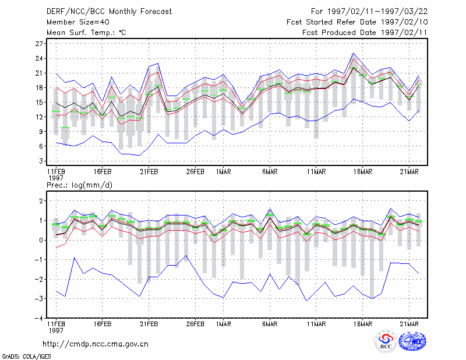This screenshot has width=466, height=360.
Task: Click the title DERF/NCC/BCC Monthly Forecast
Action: coord(109,12)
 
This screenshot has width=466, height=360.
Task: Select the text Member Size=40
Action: coord(78,22)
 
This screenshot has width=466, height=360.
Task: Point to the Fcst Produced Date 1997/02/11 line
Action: coord(365,33)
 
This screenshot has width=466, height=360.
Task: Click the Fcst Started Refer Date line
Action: coord(357,22)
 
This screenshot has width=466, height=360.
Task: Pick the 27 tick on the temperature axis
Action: coord(39,44)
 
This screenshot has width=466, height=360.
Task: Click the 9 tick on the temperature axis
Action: coord(41,132)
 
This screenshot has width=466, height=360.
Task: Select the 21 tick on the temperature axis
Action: coord(39,73)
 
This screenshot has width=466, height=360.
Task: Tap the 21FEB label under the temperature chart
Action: coord(149,172)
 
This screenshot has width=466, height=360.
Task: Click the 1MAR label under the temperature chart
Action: coord(223,172)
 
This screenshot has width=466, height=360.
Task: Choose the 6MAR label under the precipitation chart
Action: coord(270,324)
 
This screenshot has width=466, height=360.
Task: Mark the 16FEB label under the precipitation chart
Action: coord(103,324)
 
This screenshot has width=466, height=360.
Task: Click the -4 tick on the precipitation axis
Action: coord(39,318)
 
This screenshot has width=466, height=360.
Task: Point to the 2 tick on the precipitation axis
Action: coord(41,201)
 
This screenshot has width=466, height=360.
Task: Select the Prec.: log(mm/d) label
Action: coord(79,185)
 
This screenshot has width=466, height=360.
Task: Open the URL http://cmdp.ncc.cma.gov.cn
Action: coord(96,344)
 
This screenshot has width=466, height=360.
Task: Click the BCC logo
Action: coord(386,341)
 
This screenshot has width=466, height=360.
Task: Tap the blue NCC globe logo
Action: coord(412,341)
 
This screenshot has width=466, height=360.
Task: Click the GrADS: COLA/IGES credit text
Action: coord(26,357)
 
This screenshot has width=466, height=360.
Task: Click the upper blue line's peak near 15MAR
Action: coord(353,53)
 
